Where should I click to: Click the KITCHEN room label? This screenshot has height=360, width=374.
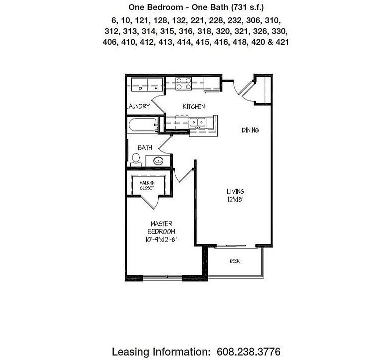(x=193, y=106)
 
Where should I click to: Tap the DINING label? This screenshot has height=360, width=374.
(x=250, y=130)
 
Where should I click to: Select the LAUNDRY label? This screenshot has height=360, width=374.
(x=138, y=106)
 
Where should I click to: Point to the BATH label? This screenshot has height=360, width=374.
(x=145, y=148)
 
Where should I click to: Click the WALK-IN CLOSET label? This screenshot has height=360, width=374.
(x=146, y=185)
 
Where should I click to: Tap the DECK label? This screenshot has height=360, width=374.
(x=234, y=261)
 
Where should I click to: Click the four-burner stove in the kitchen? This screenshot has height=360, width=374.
(x=183, y=83)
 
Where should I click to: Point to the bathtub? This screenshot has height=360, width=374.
(x=141, y=126)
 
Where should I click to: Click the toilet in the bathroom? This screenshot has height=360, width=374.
(x=135, y=159)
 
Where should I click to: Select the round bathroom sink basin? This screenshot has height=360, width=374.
(x=158, y=161)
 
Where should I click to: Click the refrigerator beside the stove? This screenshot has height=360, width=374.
(x=210, y=84)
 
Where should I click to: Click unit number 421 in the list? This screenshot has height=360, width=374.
(x=282, y=42)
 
